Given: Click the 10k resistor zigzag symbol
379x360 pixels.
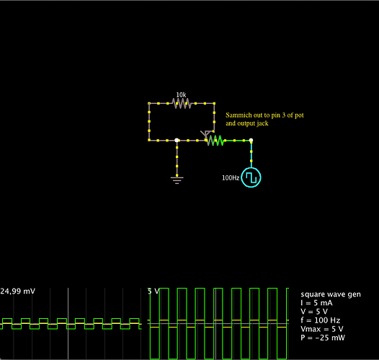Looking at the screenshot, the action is tap(182, 104).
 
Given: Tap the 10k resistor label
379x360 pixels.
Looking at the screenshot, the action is tap(181, 95).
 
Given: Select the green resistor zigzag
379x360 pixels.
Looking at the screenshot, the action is tap(215, 141).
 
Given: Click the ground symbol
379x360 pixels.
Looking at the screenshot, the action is tap(177, 180).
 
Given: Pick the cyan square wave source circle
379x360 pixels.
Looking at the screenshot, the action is tap(251, 177).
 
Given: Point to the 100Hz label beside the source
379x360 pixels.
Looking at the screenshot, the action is tap(231, 177).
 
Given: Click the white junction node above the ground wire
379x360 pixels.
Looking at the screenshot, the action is tap(177, 141).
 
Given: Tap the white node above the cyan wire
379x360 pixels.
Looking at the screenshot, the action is tap(251, 140).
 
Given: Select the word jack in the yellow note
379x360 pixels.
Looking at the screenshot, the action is tap(263, 123).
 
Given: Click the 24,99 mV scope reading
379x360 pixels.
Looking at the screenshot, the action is tap(17, 291).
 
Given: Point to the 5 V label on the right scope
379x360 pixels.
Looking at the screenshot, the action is tap(153, 291).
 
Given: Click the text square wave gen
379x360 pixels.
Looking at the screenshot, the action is tap(331, 294).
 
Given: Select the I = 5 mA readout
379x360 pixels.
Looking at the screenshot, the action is tap(316, 303).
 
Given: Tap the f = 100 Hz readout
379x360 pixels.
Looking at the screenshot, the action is tap(321, 320).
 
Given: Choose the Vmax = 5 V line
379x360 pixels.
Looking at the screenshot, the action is tap(322, 329).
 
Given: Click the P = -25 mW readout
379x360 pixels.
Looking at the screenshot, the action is tap(323, 338).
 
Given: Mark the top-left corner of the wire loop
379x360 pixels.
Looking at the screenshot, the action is tap(149, 104).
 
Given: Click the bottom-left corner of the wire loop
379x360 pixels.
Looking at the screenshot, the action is tap(149, 141).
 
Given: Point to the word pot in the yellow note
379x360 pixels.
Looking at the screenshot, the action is tap(299, 115).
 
